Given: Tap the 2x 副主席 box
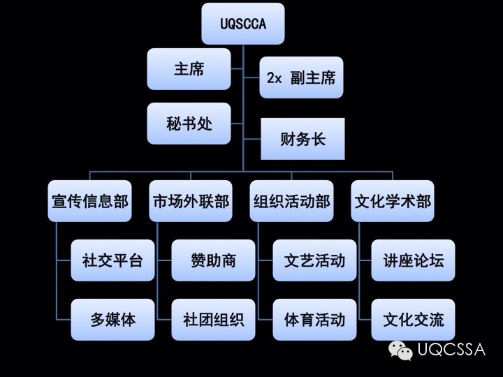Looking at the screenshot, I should click(301, 77).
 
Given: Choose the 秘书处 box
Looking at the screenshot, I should click(189, 124).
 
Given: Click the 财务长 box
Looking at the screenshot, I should click(302, 139).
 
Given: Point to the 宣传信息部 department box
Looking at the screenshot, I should click(90, 201).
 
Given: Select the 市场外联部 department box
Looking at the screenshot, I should click(191, 201).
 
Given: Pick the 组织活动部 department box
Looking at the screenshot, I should click(291, 201).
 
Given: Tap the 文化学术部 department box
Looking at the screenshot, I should click(393, 201).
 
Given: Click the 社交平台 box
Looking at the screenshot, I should click(112, 260).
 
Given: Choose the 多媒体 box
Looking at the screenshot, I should click(112, 320).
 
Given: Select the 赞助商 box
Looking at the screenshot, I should click(213, 260).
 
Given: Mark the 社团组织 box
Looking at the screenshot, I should click(213, 320).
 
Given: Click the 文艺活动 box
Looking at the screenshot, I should click(314, 260).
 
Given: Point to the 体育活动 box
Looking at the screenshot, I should click(314, 320).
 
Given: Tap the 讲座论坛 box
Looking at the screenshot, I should click(413, 260).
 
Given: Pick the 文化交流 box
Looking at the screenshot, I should click(413, 320).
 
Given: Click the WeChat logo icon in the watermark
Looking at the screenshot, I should click(401, 350).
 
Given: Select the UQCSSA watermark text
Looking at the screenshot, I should click(451, 350).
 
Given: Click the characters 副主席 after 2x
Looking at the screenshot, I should click(312, 77).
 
